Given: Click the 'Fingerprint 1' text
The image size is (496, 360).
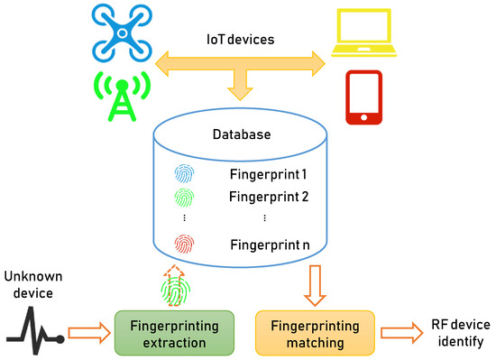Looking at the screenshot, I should (268, 174).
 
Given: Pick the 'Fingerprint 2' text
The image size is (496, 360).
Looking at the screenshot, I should (268, 196).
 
